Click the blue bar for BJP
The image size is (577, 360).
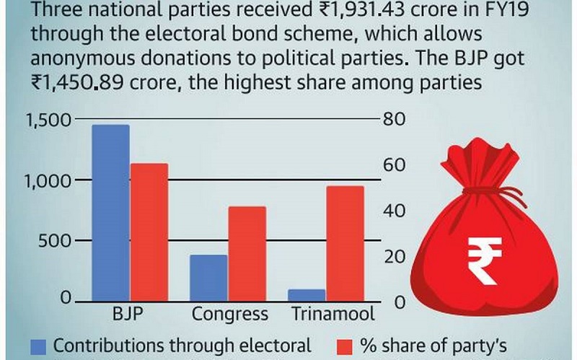(x=110, y=213)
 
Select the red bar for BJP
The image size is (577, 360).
(x=149, y=232)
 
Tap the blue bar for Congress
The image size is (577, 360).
(x=208, y=278)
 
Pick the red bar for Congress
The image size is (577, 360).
(x=247, y=253)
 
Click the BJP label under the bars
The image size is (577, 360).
(x=130, y=315)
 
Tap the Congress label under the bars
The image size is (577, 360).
(x=229, y=315)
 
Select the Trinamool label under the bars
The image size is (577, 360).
(x=332, y=315)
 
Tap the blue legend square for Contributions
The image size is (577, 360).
(x=38, y=346)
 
